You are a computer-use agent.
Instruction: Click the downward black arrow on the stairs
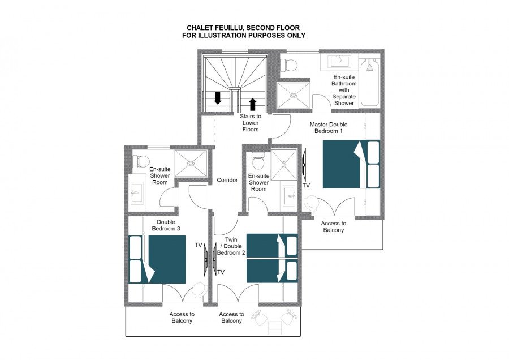[x=218, y=98]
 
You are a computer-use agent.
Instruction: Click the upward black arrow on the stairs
[x=253, y=105]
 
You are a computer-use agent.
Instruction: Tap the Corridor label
[x=227, y=180]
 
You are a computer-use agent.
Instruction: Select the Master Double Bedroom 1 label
[x=329, y=128]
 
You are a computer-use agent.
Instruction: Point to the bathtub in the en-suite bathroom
[x=370, y=83]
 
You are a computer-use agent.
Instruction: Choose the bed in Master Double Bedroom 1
[x=351, y=164]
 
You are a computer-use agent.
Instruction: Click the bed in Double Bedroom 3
[x=157, y=259]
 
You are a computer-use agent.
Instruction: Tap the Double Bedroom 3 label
[x=166, y=225]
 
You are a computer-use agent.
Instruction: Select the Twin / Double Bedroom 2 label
[x=231, y=246]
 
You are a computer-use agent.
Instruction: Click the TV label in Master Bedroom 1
[x=306, y=185]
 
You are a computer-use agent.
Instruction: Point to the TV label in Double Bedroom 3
[x=199, y=245]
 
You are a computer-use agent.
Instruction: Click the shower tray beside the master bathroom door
[x=293, y=95]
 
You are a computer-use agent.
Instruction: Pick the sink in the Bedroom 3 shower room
[x=137, y=192]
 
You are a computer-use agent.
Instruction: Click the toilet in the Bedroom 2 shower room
[x=258, y=161]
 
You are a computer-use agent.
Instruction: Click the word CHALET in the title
[x=199, y=28]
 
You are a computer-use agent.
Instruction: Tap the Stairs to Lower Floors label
[x=251, y=122]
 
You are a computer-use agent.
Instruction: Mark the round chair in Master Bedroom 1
[x=312, y=203]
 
